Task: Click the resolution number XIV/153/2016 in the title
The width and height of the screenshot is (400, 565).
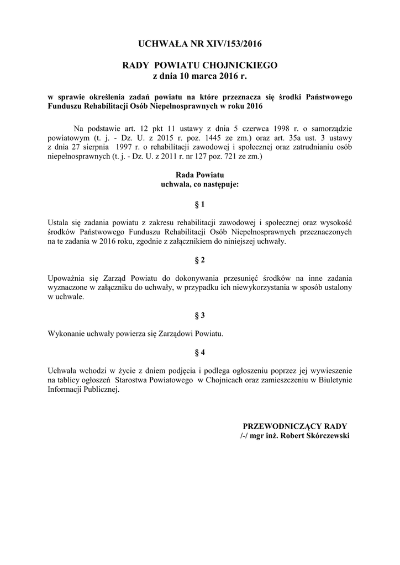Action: (228, 43)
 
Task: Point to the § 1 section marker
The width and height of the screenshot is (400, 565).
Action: (199, 204)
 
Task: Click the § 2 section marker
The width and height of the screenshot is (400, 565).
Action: (199, 259)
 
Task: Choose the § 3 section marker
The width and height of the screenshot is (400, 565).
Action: (199, 315)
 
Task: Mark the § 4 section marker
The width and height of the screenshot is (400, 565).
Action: (199, 352)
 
